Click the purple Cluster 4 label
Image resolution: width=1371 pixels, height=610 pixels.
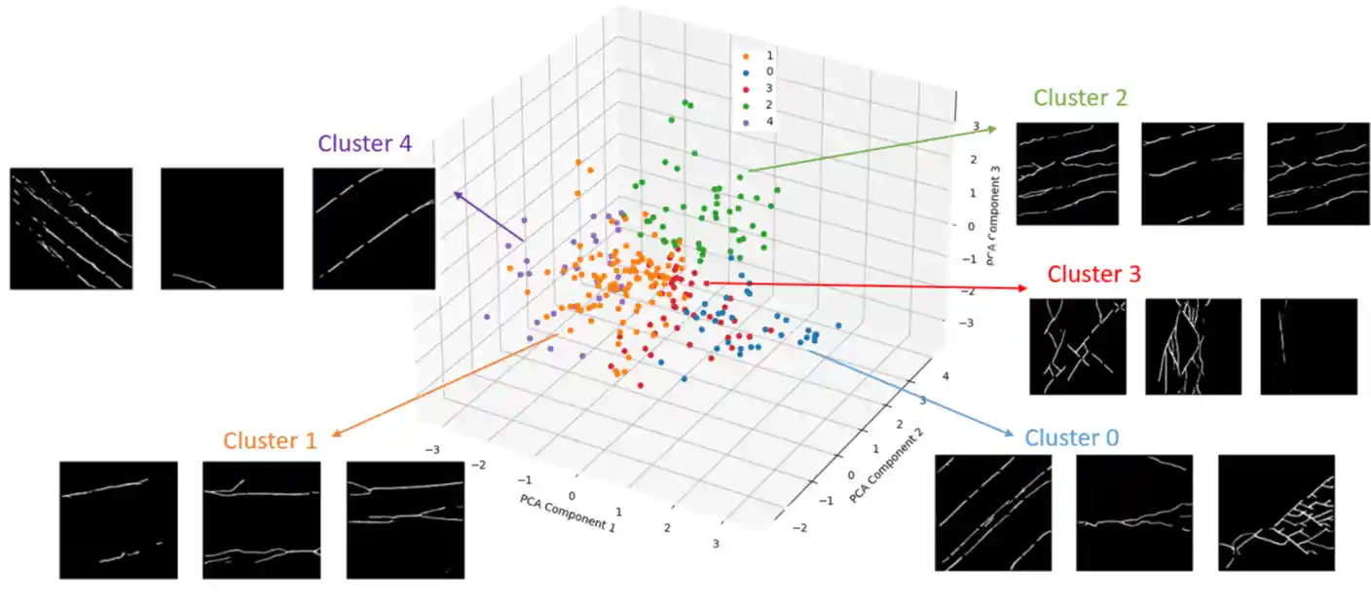(x=364, y=143)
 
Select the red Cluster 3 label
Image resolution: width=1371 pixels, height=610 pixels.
(x=1093, y=274)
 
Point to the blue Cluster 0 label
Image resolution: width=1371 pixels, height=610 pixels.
(x=1071, y=438)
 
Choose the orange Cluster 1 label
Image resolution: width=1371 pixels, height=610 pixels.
(x=270, y=440)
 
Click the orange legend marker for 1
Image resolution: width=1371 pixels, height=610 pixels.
(x=747, y=57)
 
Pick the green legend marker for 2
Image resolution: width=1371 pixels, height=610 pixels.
(x=747, y=106)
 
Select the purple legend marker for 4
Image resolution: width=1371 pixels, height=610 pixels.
(x=747, y=123)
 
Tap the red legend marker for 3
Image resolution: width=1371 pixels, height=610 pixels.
(x=747, y=90)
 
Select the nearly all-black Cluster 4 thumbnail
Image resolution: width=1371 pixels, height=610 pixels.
(x=221, y=229)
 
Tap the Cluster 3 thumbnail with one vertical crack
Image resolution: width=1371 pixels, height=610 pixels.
(x=1308, y=346)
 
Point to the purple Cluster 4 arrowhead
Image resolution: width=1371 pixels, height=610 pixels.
(x=454, y=193)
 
